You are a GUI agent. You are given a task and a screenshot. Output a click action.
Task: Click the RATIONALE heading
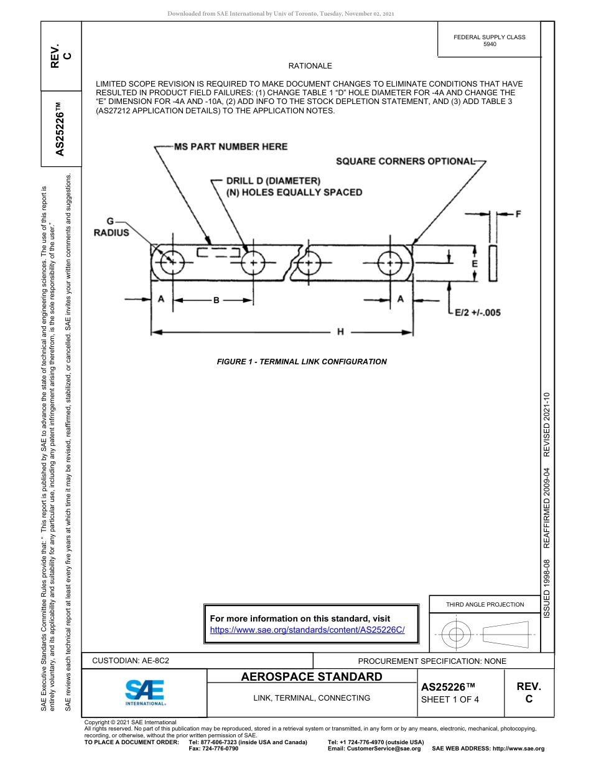coord(310,66)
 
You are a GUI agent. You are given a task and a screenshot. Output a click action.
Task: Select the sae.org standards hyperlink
coord(307,630)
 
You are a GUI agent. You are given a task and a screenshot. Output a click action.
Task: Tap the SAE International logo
coord(145,692)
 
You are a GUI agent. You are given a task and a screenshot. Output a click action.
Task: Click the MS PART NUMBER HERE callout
coord(230,146)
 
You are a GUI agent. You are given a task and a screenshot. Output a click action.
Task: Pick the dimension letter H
coord(340,332)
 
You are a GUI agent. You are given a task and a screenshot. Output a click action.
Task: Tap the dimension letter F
coord(518,214)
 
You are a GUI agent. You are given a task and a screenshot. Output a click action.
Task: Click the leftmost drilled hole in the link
coord(172,263)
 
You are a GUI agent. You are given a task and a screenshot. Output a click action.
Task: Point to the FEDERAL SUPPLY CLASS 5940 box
coord(489,40)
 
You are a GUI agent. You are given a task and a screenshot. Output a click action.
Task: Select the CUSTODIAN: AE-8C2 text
coord(131,661)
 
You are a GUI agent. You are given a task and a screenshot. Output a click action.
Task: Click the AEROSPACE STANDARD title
coord(312,677)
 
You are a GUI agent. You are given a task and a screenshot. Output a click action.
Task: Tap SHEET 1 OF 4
coord(450,699)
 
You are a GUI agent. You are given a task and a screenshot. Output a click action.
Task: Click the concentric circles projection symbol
coord(457,635)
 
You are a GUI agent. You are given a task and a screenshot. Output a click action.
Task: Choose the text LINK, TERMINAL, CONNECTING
coord(312,698)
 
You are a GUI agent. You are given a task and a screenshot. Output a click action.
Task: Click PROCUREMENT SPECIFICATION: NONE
coord(432,661)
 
